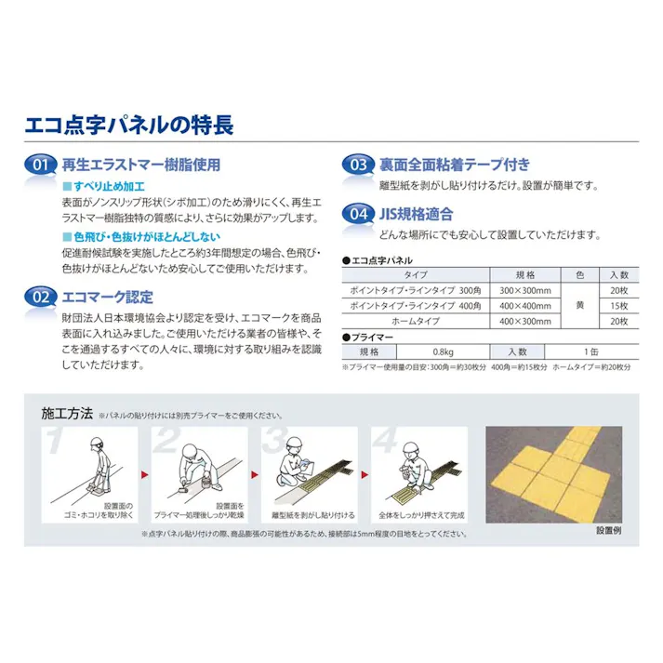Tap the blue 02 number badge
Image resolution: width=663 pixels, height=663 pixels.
(x=40, y=298)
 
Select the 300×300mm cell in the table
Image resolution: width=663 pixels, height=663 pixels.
(x=525, y=291)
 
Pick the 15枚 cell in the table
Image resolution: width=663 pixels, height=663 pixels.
(x=619, y=306)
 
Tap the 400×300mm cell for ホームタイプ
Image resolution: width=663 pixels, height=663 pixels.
(x=525, y=321)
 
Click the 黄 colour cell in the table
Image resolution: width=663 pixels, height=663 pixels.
(x=579, y=306)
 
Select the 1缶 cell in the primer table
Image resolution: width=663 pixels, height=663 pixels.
(x=591, y=352)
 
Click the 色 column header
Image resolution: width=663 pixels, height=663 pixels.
(x=579, y=276)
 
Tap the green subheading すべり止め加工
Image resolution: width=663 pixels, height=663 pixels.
(x=103, y=187)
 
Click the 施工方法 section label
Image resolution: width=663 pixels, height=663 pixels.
(x=67, y=415)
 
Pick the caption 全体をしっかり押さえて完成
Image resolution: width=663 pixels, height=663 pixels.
(x=418, y=514)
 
